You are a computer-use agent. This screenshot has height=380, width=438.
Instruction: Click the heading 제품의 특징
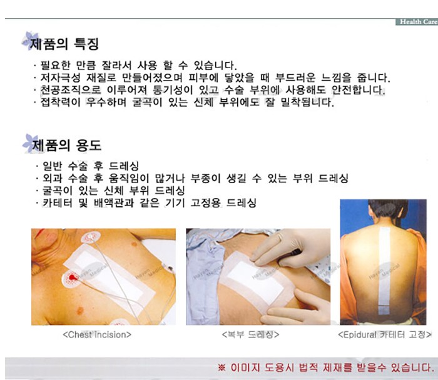tap(64, 44)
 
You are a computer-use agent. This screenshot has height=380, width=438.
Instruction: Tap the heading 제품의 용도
tap(67, 146)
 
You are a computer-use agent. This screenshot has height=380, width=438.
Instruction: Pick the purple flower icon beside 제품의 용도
tap(30, 143)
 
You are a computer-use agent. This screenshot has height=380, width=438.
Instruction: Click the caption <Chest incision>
tap(97, 334)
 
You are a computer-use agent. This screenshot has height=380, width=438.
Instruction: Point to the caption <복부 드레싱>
tap(250, 334)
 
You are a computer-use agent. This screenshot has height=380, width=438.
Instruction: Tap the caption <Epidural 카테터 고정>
tap(385, 334)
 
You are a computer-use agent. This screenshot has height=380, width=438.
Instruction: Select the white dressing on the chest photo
tap(109, 277)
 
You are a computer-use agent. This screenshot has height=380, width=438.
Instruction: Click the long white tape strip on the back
tap(384, 270)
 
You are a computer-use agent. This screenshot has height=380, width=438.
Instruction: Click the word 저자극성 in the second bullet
tap(60, 77)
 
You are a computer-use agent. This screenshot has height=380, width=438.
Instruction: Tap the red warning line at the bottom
tap(326, 367)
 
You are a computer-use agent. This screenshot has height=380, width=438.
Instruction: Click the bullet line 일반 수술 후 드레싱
tap(91, 166)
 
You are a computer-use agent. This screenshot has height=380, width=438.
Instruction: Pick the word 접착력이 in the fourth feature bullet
tap(60, 102)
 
